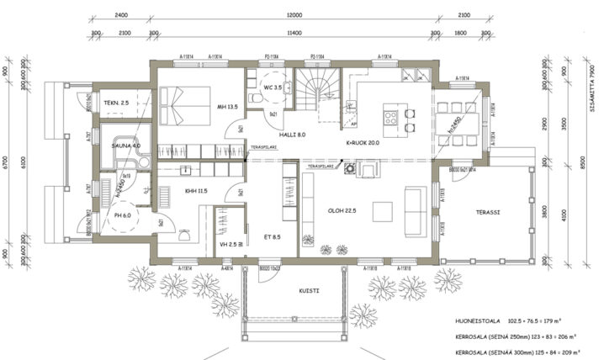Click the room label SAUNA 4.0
[125, 146]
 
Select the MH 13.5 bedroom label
[228, 107]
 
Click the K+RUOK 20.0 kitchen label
[363, 143]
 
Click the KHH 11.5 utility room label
[196, 191]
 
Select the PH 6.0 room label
[123, 216]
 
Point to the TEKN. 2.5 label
[116, 103]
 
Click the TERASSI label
[487, 213]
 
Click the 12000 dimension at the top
[293, 15]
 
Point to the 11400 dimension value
[293, 32]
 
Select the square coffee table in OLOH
[383, 209]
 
